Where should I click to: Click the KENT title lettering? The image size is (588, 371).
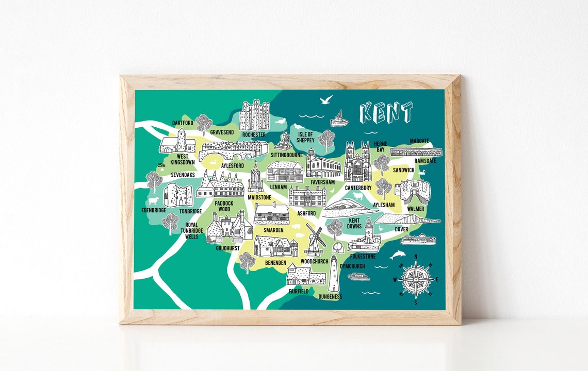click(x=386, y=113)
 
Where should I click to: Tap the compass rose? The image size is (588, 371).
click(x=416, y=279)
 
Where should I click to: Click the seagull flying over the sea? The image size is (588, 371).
click(x=326, y=100)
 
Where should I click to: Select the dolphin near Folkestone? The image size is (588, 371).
click(x=398, y=255)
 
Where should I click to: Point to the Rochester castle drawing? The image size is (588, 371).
click(x=254, y=115)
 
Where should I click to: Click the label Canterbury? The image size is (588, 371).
click(x=358, y=188)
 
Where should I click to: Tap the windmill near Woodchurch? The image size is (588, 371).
click(x=315, y=240)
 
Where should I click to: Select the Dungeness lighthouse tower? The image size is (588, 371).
click(x=334, y=274)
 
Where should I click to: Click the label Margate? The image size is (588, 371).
click(x=419, y=141)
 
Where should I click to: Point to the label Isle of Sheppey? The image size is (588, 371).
click(x=305, y=137)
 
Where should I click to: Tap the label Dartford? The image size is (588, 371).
click(x=183, y=123)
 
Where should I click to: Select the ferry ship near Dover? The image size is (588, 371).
click(x=417, y=239)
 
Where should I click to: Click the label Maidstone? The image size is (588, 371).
click(x=259, y=197)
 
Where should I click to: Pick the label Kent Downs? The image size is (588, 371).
click(x=354, y=224)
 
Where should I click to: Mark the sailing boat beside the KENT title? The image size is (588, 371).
click(x=339, y=119)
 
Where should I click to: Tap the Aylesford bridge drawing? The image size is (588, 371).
click(x=233, y=150)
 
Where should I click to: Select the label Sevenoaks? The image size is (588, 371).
click(x=183, y=175)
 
